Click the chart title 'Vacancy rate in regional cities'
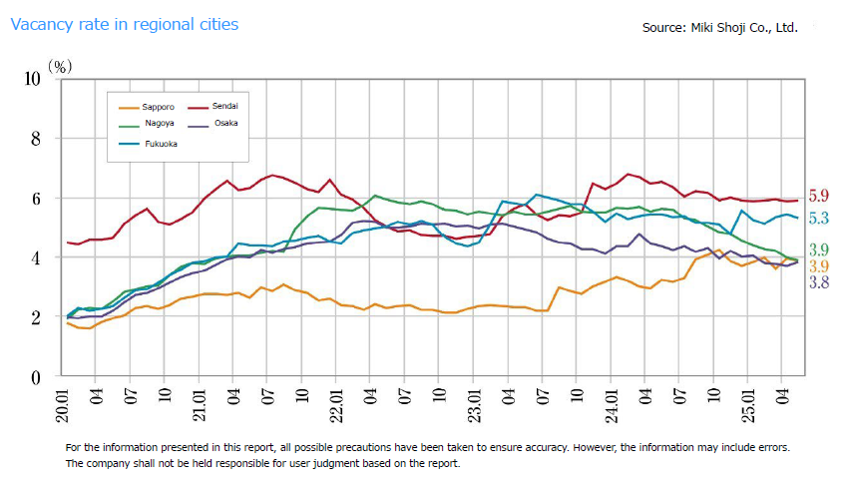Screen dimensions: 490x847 pyautogui.click(x=125, y=24)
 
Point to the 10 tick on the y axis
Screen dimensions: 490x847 pyautogui.click(x=32, y=78)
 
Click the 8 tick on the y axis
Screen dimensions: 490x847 pyautogui.click(x=38, y=139)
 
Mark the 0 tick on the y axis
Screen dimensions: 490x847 pyautogui.click(x=38, y=377)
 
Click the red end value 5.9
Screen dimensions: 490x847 pyautogui.click(x=818, y=197)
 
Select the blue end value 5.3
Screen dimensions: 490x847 pyautogui.click(x=818, y=219)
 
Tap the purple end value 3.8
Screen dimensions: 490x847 pyautogui.click(x=818, y=282)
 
